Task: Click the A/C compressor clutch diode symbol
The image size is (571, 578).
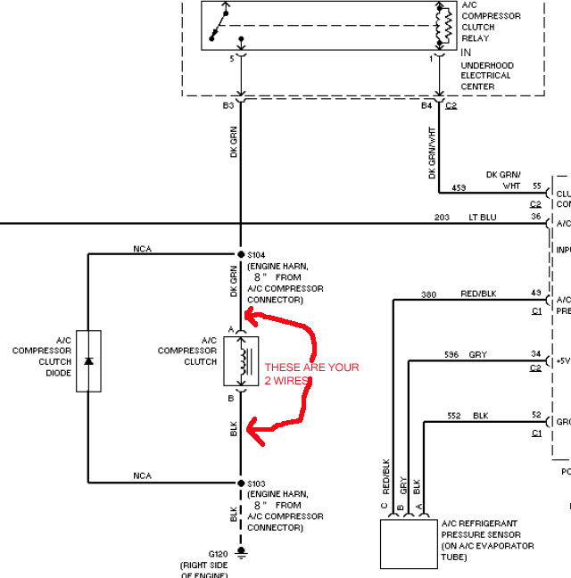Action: (87, 361)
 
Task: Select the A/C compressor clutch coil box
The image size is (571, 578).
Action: (241, 361)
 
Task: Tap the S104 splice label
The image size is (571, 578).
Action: (257, 254)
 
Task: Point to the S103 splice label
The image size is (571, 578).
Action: (257, 483)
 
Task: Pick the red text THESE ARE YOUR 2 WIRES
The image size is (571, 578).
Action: (312, 374)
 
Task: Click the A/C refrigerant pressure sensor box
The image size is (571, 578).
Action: (409, 543)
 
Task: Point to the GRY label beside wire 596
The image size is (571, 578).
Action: (478, 355)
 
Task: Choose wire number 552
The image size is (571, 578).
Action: (453, 416)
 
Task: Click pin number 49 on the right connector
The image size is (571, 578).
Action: (536, 293)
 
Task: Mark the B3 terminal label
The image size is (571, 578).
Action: (228, 106)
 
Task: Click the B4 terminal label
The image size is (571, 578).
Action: (426, 106)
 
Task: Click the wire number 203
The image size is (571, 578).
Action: (442, 218)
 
